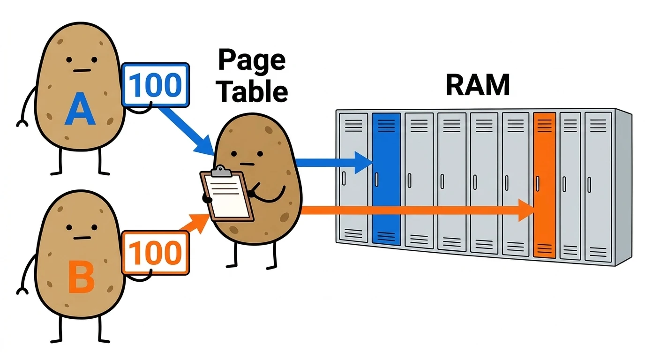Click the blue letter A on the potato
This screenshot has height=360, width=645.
[x=80, y=109]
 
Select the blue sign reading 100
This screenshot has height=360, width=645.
[x=156, y=85]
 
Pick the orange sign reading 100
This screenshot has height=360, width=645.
[x=156, y=253]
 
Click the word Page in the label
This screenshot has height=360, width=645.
[x=252, y=61]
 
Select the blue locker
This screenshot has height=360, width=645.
[x=386, y=179]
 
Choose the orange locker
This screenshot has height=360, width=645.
[x=545, y=185]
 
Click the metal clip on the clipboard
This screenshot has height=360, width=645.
[x=221, y=171]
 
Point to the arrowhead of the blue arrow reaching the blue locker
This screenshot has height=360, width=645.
[x=363, y=163]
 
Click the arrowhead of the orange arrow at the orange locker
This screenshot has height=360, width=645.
[x=526, y=210]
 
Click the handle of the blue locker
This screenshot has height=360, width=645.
[x=376, y=180]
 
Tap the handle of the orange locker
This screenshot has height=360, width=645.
[x=537, y=184]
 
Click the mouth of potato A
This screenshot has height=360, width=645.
[x=82, y=70]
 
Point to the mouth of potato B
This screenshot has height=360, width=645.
[x=82, y=238]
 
